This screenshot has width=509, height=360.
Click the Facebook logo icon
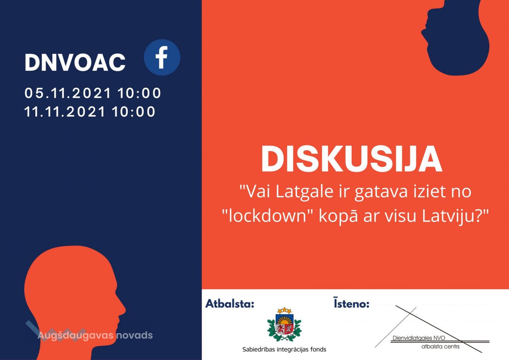162,57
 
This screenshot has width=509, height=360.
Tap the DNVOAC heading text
75,63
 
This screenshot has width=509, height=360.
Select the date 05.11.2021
68,93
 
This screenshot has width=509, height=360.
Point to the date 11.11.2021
65,112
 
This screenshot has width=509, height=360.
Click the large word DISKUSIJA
352,159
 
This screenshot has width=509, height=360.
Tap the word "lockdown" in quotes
267,215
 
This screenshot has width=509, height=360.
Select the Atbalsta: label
230,304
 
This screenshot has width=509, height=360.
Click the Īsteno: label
352,303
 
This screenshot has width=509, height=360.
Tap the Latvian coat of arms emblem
284,324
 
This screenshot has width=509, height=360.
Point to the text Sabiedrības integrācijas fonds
284,350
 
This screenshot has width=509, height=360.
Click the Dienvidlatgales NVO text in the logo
419,338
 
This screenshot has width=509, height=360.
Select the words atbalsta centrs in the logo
440,346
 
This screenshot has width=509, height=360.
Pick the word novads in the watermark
135,335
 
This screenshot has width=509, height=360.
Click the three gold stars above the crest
284,310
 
